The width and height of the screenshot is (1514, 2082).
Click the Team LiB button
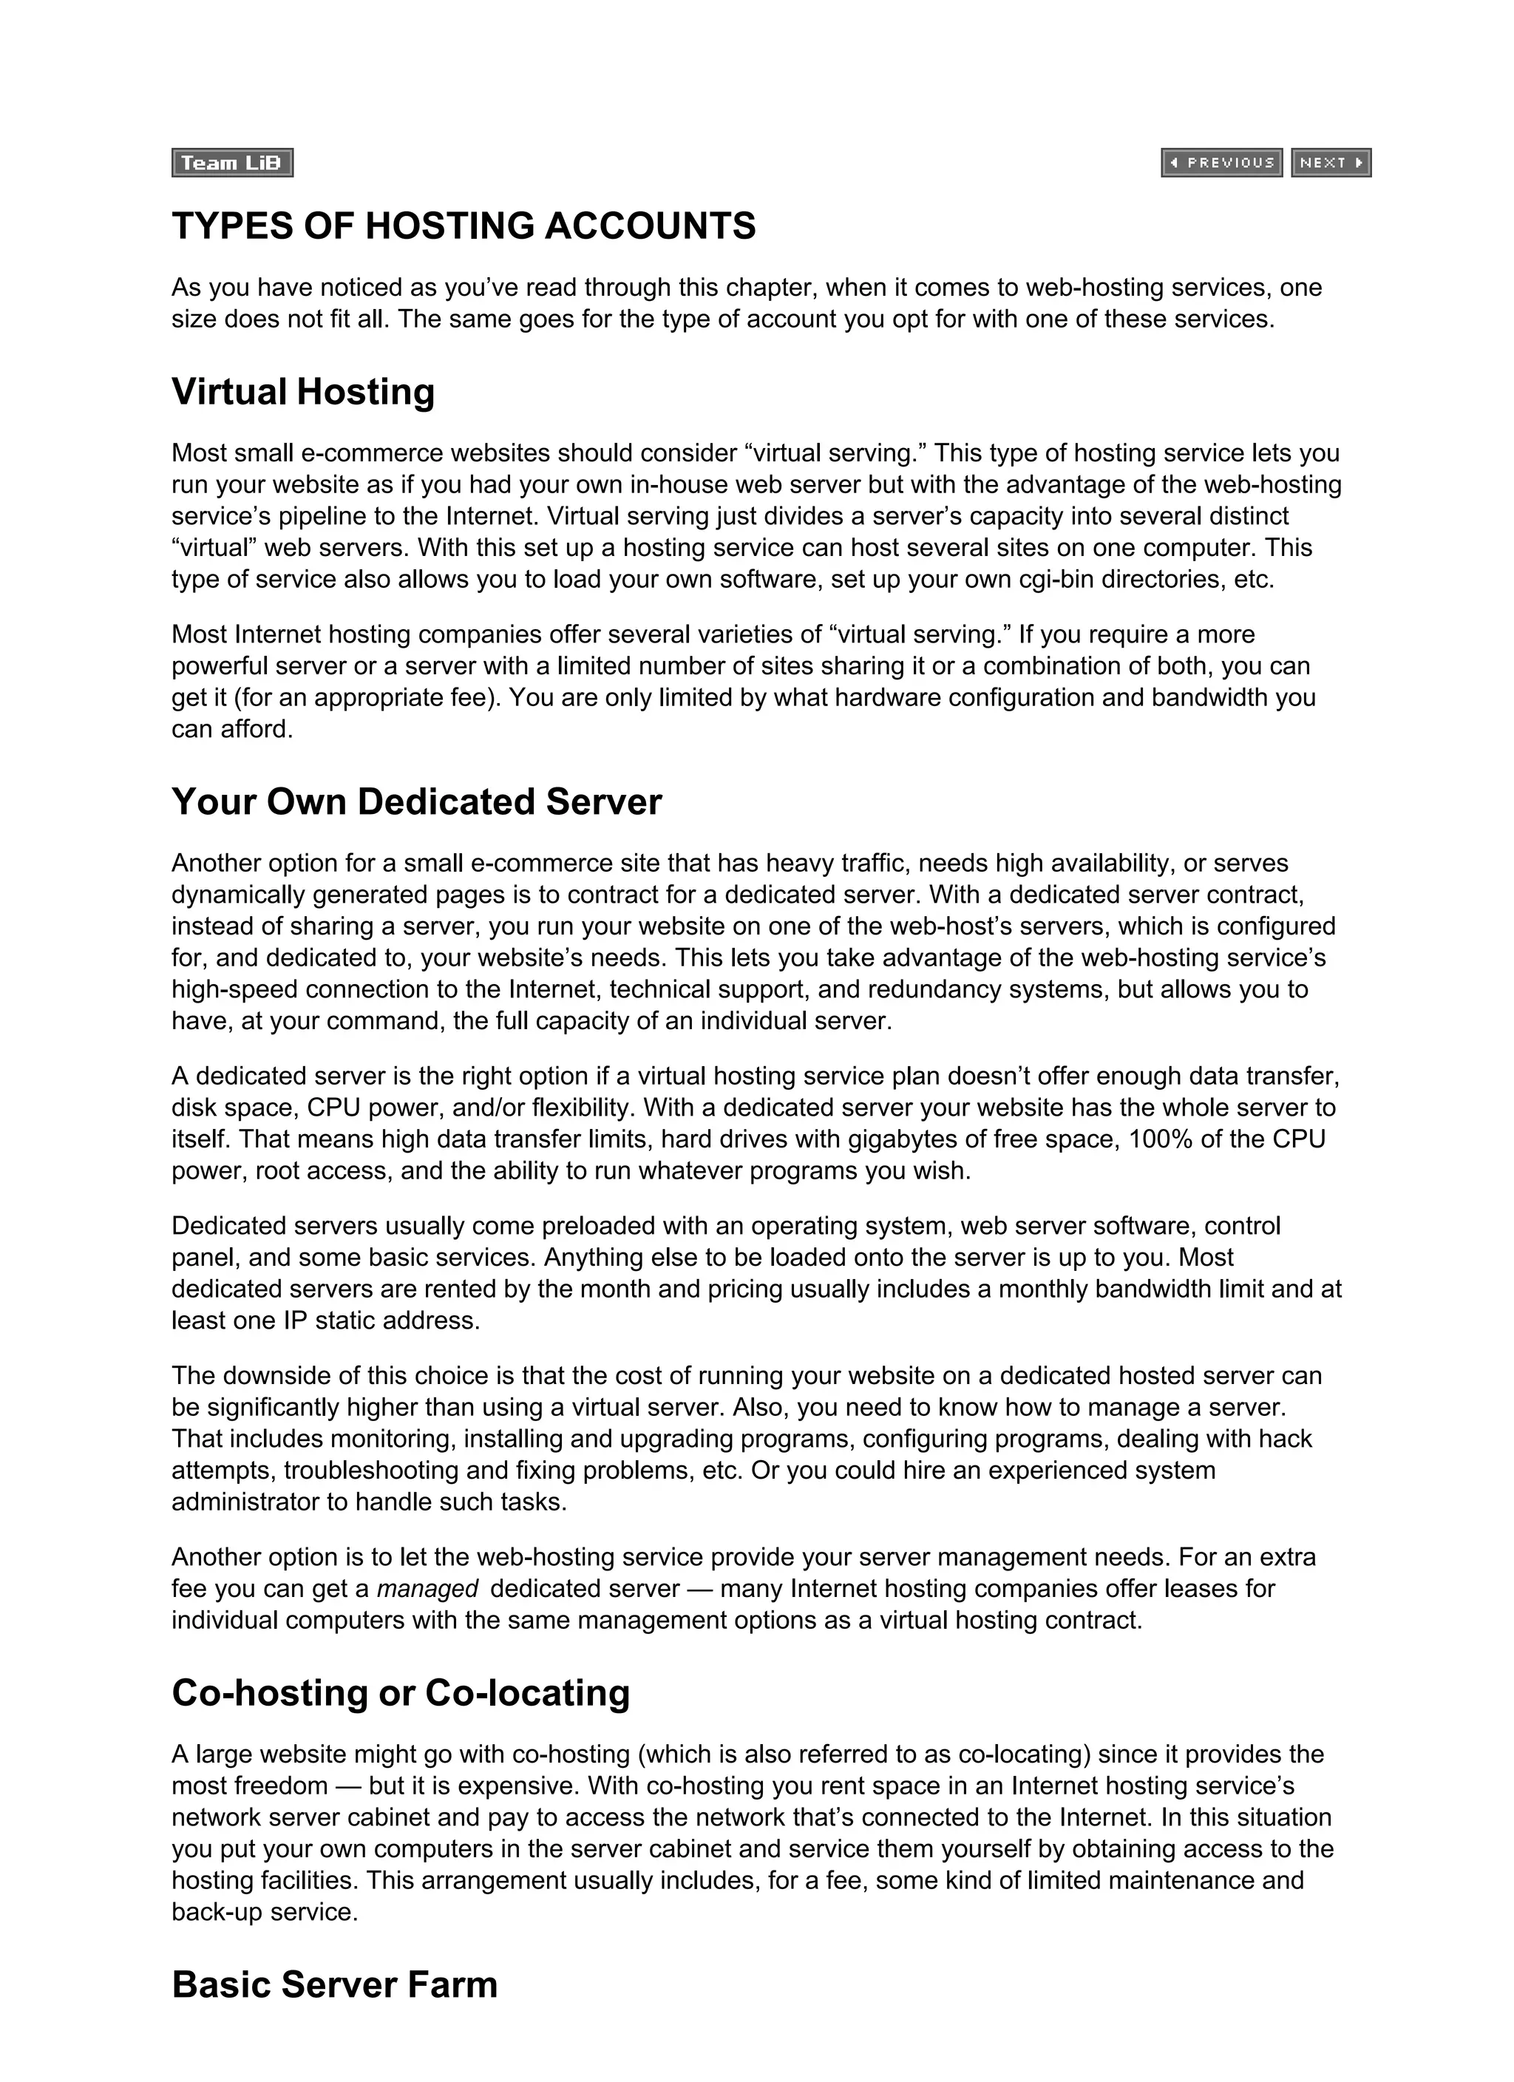232,163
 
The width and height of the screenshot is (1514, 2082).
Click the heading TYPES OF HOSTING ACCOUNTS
464,226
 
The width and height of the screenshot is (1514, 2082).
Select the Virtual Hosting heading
303,392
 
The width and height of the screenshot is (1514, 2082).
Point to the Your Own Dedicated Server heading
416,801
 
